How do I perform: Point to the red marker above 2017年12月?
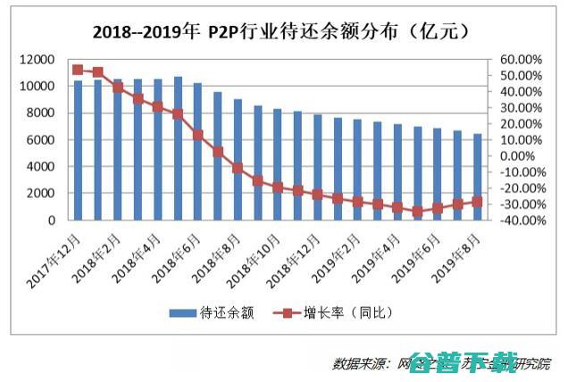78,70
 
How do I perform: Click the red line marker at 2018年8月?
238,168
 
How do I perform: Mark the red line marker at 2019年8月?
476,202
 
